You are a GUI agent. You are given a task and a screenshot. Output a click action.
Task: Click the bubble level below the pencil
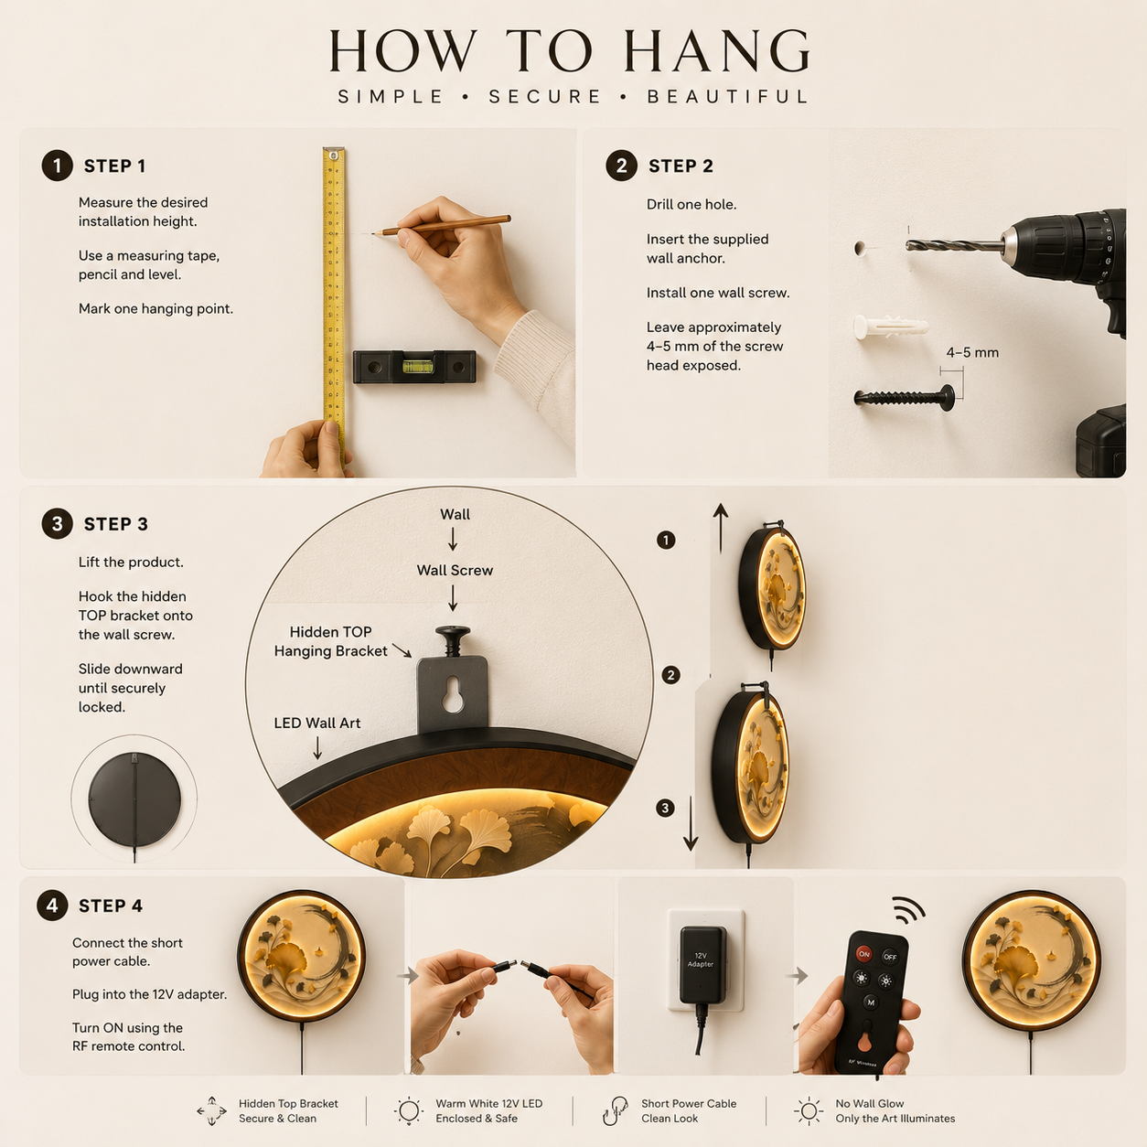(414, 367)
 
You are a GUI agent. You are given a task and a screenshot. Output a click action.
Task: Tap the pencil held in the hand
(442, 226)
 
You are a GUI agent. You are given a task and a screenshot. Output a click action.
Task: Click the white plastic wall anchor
(891, 327)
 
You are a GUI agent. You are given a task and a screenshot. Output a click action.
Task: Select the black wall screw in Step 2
(904, 397)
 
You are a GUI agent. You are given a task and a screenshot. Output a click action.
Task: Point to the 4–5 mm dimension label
(972, 352)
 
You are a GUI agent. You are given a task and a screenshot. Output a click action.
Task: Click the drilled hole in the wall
(860, 248)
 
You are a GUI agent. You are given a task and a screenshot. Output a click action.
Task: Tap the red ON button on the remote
(864, 954)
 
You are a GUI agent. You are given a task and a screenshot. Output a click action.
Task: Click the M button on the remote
(871, 1002)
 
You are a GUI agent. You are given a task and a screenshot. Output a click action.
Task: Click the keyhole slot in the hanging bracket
(453, 693)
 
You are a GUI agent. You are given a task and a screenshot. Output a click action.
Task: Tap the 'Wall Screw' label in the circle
(455, 570)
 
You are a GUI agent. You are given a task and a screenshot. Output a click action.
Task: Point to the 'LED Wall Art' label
(317, 723)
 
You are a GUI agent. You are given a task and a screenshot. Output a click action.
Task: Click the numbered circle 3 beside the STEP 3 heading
(57, 524)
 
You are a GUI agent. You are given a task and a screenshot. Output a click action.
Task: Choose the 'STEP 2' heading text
(681, 166)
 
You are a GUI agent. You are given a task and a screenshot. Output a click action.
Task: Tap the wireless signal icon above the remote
(908, 910)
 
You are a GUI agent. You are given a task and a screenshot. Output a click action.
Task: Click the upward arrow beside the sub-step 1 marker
(721, 528)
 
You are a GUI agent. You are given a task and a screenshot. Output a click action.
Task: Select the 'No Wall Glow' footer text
(870, 1103)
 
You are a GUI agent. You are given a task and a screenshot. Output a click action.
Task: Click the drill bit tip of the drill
(907, 245)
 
